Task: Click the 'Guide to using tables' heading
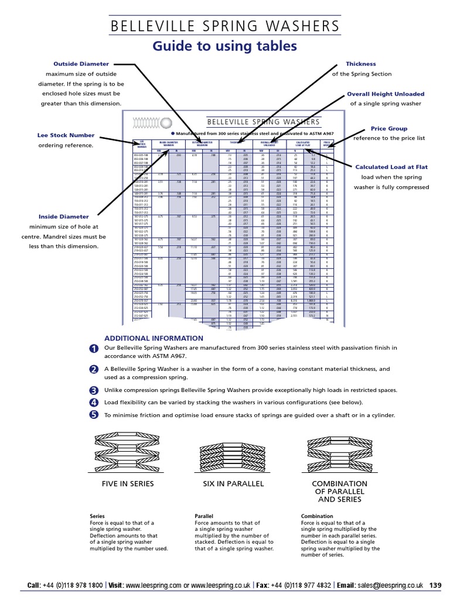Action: tap(224, 46)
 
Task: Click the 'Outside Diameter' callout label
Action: tap(81, 64)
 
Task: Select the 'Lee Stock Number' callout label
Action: tap(66, 135)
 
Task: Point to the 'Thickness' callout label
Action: tap(361, 64)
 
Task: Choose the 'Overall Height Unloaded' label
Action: tap(385, 94)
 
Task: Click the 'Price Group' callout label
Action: tap(389, 128)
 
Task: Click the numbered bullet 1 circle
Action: tap(94, 349)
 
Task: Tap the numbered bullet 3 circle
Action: tap(94, 391)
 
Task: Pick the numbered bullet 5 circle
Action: tap(94, 415)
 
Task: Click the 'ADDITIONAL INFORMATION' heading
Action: tap(154, 339)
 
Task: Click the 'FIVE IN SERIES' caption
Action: tap(128, 483)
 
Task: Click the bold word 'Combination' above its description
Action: tap(318, 517)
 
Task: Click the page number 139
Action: tap(435, 585)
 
